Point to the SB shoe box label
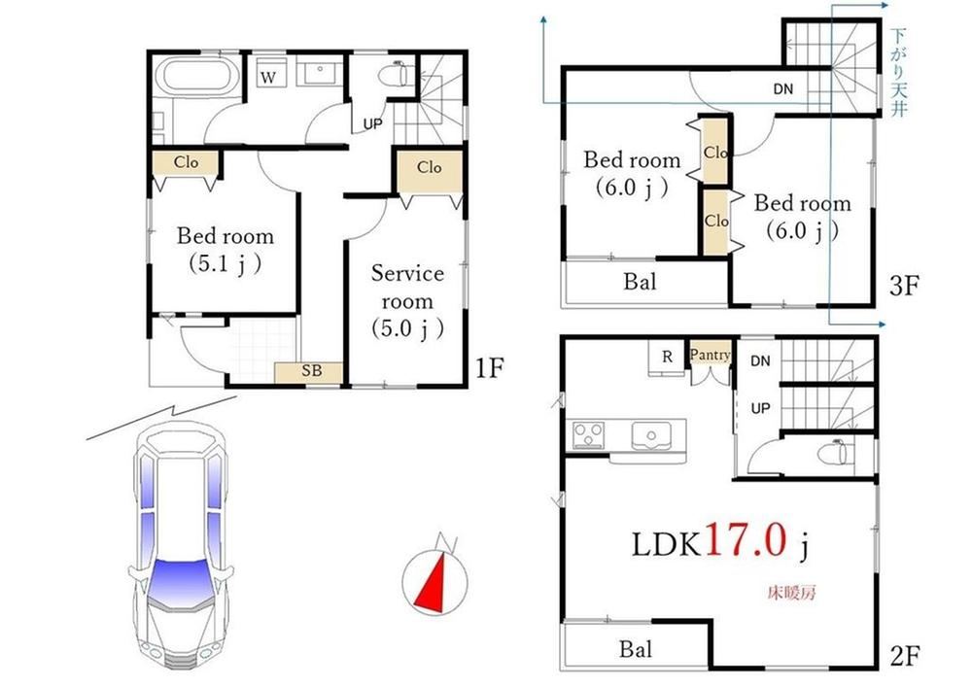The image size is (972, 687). tap(312, 370)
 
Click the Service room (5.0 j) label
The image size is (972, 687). tap(407, 301)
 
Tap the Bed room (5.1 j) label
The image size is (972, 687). tap(226, 250)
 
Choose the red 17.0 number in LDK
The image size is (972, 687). tap(746, 540)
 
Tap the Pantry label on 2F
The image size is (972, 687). tap(710, 355)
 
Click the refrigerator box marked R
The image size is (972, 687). tap(667, 358)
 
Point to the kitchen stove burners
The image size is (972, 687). tap(588, 434)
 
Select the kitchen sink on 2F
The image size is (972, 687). tap(651, 436)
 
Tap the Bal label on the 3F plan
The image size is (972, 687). tap(640, 282)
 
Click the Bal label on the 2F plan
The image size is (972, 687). tap(636, 649)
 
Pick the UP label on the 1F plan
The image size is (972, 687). tap(372, 124)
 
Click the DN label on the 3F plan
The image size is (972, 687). tap(782, 89)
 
